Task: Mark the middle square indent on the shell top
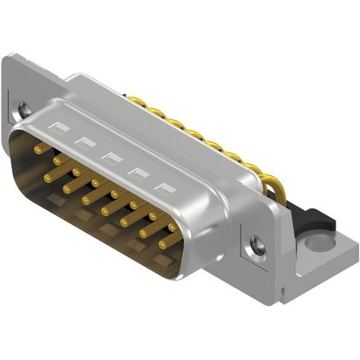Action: tap(109, 158)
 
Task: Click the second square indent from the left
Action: tap(84, 143)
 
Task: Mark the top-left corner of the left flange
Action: tap(8, 58)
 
